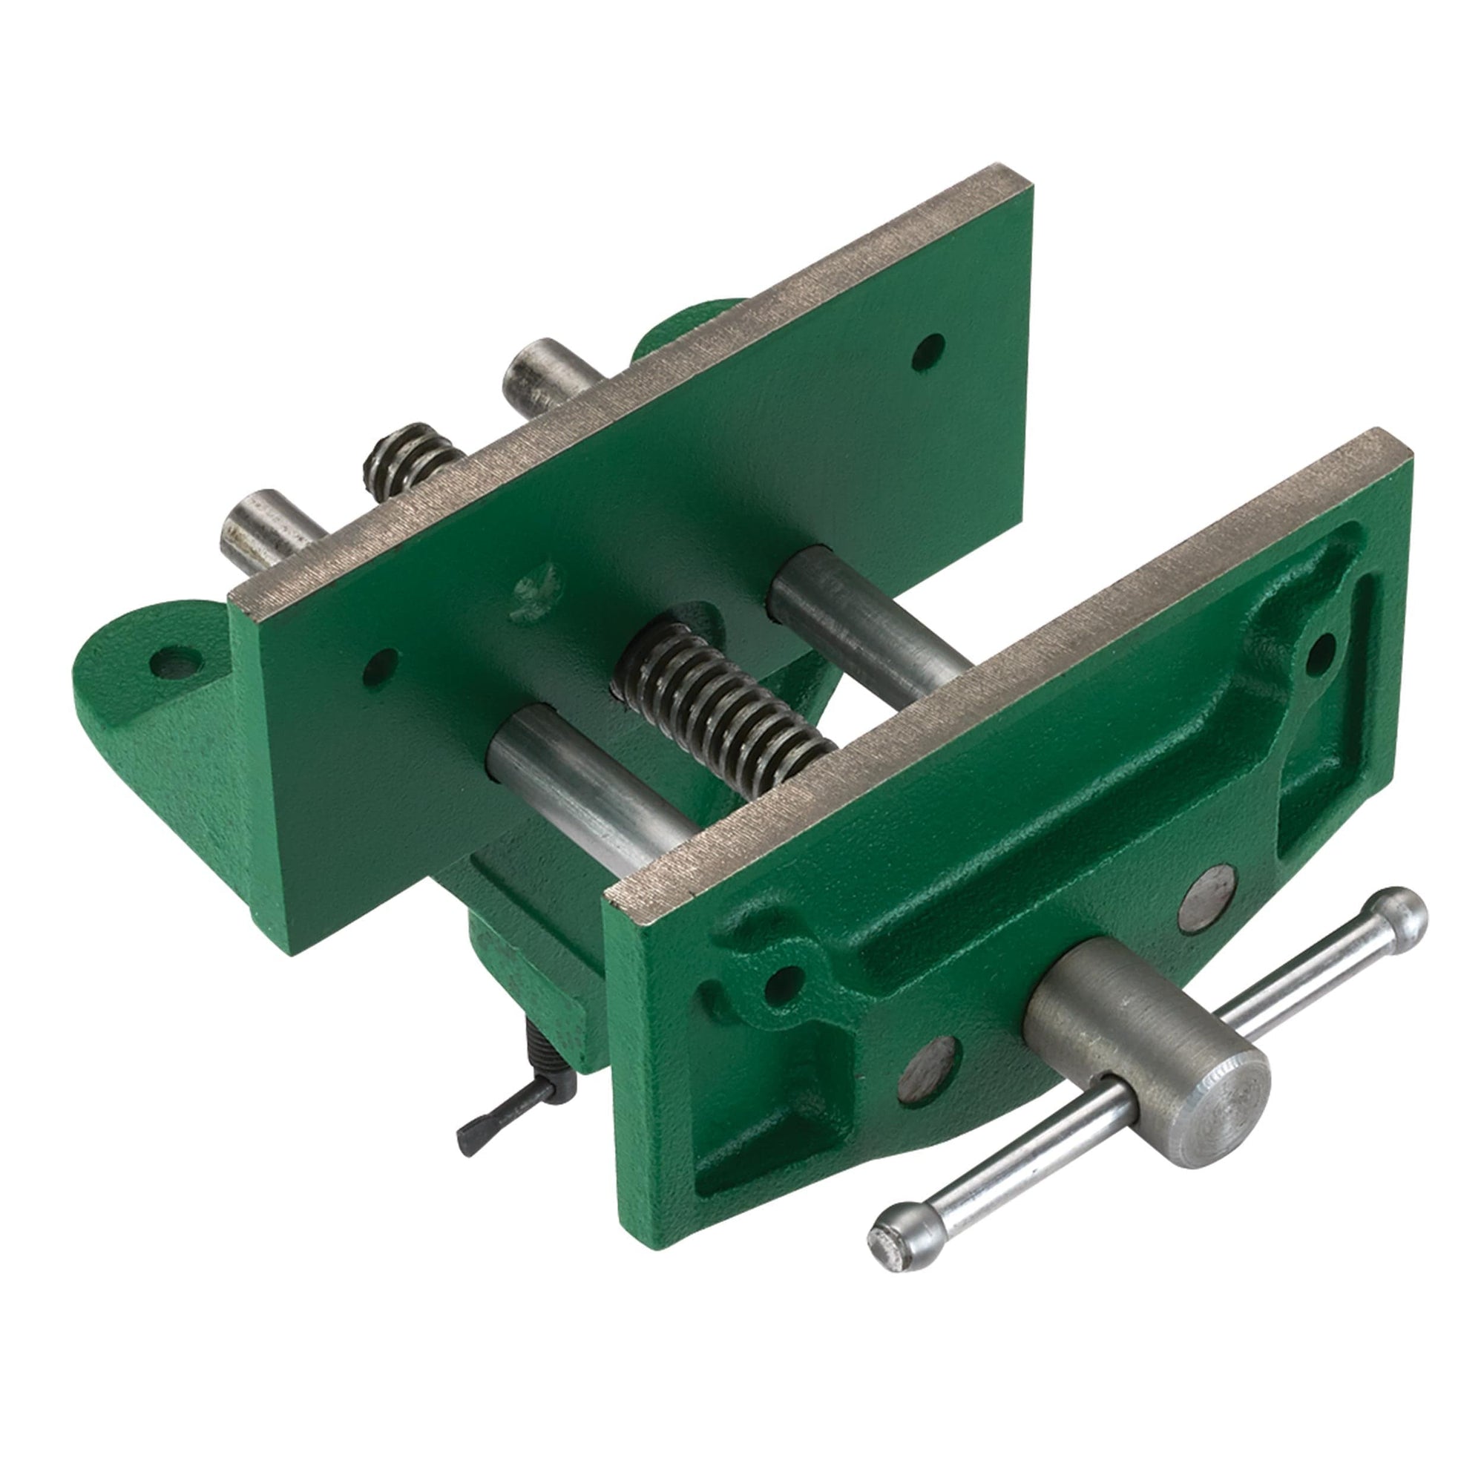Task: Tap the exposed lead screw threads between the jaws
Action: [722, 715]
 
